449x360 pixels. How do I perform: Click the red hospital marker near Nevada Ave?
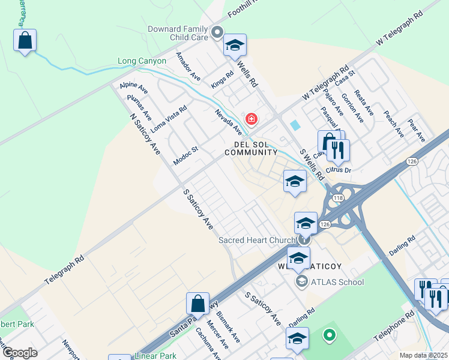pyautogui.click(x=251, y=119)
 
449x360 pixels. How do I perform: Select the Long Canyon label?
pyautogui.click(x=141, y=61)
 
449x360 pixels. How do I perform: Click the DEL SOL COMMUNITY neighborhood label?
pyautogui.click(x=251, y=148)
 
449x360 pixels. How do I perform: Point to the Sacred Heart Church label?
pyautogui.click(x=256, y=240)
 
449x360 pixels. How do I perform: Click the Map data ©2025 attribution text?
pyautogui.click(x=423, y=355)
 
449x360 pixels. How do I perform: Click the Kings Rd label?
pyautogui.click(x=221, y=79)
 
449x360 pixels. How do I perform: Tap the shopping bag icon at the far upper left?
pyautogui.click(x=25, y=40)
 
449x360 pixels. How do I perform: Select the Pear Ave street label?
pyautogui.click(x=416, y=130)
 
